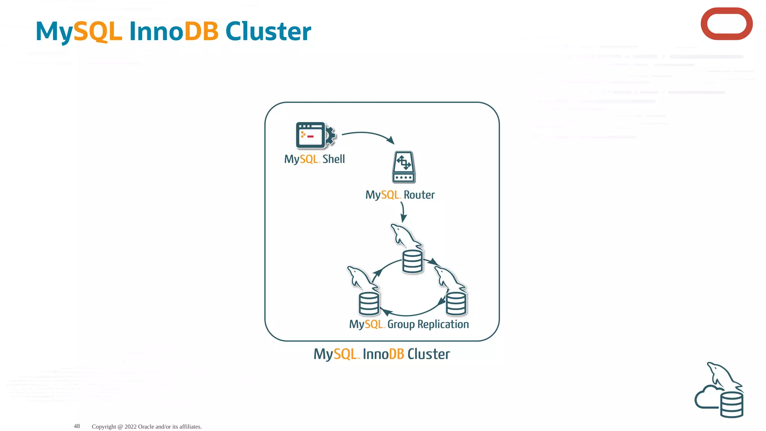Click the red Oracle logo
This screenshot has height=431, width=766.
tap(726, 24)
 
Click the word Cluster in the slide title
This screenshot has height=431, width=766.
tap(268, 31)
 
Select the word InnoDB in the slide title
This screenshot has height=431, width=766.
tap(174, 31)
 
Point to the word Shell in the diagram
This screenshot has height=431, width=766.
tap(333, 159)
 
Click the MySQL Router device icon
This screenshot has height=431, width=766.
tap(404, 167)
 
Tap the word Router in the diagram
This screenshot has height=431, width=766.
tap(419, 195)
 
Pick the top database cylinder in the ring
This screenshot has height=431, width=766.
tap(413, 262)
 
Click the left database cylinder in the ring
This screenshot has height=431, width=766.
tap(369, 303)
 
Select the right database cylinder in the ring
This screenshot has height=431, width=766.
tap(456, 303)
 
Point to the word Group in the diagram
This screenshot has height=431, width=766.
tap(401, 324)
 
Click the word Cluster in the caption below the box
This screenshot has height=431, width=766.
tap(428, 354)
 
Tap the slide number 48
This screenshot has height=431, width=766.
tap(77, 426)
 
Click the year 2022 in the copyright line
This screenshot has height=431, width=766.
tap(131, 427)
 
